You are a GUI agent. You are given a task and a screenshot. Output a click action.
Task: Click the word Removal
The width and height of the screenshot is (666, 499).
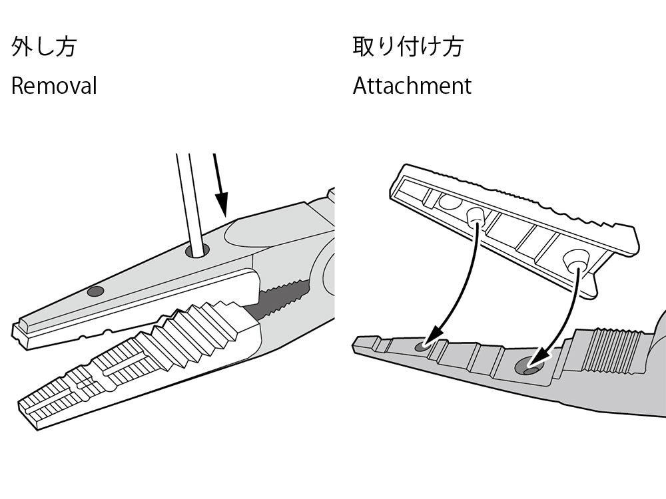point(54,86)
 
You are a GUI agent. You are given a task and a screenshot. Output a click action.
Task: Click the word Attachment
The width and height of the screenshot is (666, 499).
point(412,86)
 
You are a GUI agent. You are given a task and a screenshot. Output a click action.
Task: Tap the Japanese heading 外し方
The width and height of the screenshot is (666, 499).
point(44,47)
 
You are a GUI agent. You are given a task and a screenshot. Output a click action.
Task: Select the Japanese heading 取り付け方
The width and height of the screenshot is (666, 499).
point(408,47)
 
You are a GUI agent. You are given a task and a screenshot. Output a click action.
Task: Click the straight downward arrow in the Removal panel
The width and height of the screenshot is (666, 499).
point(220,186)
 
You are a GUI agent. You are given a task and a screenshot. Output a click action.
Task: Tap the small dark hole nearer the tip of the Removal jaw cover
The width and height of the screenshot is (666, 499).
point(96,291)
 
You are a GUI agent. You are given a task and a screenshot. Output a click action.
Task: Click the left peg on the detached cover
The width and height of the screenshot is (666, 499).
point(474,216)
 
